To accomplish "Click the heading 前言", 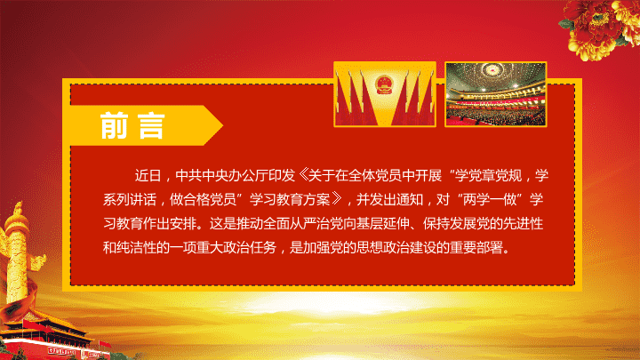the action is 132,125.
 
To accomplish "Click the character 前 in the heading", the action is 114,125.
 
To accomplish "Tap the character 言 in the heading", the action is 151,125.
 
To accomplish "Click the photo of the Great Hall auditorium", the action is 495,94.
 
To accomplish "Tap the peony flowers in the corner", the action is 599,28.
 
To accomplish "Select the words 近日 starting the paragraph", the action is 148,175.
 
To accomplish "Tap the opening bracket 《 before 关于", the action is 302,175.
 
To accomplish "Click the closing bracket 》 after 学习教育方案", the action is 337,199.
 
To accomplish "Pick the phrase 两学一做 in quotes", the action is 490,199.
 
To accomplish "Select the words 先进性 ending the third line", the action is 524,223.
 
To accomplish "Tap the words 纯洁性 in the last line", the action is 137,247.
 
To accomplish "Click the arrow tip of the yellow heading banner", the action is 222,125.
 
